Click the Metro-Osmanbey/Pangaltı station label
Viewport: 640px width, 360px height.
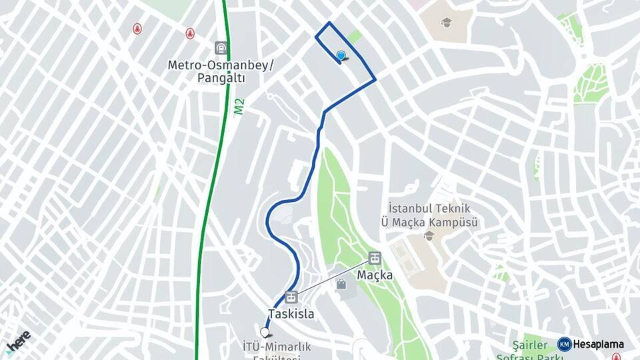220,71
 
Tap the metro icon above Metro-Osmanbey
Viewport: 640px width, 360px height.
221,48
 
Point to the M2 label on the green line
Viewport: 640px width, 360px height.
239,107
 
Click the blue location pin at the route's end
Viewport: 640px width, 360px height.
341,56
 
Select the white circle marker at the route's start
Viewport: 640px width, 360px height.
265,332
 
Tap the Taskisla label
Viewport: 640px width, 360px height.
291,313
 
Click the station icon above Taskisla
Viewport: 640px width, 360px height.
291,297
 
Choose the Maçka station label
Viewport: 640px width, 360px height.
374,274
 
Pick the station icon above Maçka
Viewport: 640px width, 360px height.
375,258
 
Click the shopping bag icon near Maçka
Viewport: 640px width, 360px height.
341,285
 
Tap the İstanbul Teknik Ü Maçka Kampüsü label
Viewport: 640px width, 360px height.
429,215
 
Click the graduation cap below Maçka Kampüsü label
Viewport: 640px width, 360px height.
429,236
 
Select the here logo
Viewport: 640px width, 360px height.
19,341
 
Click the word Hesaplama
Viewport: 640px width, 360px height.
599,345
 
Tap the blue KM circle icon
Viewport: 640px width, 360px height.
564,345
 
